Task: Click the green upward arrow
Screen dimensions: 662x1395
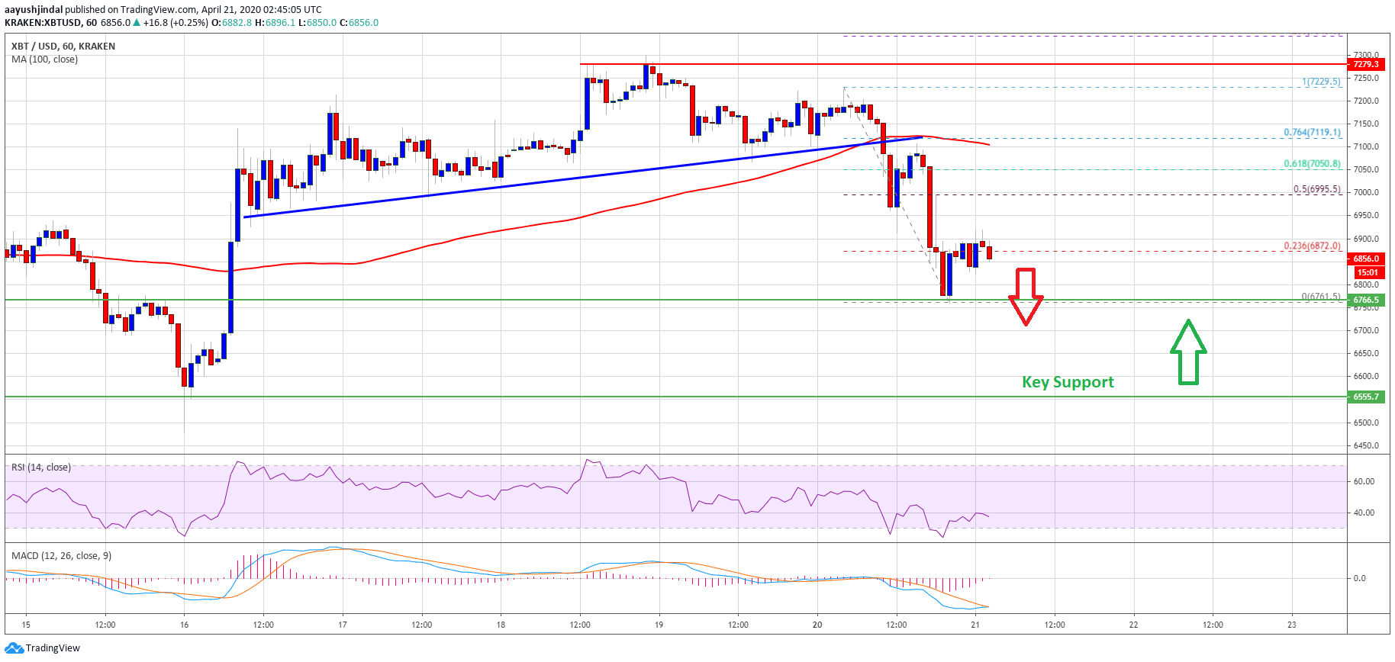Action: pyautogui.click(x=1188, y=352)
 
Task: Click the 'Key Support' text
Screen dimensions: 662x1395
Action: pyautogui.click(x=1068, y=382)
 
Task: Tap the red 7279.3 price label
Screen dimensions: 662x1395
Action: pyautogui.click(x=1366, y=64)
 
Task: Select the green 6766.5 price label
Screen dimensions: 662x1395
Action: pyautogui.click(x=1366, y=300)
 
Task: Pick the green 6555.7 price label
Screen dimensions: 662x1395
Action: pyautogui.click(x=1366, y=397)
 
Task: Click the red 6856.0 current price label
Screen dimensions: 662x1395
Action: pyautogui.click(x=1366, y=259)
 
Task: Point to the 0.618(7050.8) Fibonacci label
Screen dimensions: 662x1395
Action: pyautogui.click(x=1312, y=164)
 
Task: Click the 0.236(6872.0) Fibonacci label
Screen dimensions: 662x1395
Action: pyautogui.click(x=1312, y=246)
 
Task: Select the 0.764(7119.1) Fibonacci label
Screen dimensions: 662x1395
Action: pyautogui.click(x=1312, y=132)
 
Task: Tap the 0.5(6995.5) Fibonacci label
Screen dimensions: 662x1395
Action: pyautogui.click(x=1316, y=189)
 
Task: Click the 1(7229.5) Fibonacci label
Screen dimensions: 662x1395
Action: pyautogui.click(x=1321, y=82)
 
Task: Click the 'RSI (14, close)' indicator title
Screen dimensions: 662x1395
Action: pyautogui.click(x=41, y=468)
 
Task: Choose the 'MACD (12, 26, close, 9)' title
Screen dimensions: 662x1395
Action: pyautogui.click(x=61, y=556)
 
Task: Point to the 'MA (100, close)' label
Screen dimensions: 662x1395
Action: pyautogui.click(x=44, y=59)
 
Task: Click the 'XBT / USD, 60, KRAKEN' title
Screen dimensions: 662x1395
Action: pyautogui.click(x=63, y=46)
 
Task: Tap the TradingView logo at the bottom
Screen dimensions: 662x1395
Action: pyautogui.click(x=43, y=648)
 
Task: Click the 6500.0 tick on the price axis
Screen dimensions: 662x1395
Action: pyautogui.click(x=1366, y=423)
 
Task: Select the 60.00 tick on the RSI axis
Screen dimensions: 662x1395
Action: pyautogui.click(x=1364, y=481)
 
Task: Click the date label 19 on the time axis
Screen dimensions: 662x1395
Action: pyautogui.click(x=659, y=625)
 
